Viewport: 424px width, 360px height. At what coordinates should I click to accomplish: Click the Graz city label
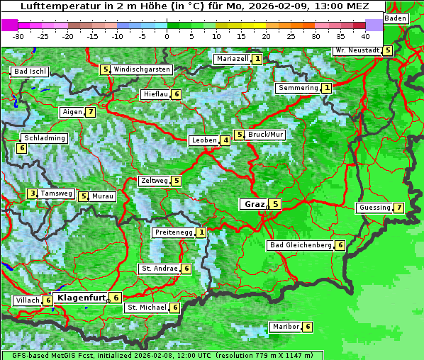point(254,204)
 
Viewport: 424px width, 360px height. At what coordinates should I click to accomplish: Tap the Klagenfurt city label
point(82,298)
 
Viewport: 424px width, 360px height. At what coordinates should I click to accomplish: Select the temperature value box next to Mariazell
point(257,59)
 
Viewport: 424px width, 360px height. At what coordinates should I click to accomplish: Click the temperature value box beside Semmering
point(326,88)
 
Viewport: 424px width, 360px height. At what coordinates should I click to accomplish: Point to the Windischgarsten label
point(142,69)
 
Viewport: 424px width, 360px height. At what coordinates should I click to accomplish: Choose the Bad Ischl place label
point(30,72)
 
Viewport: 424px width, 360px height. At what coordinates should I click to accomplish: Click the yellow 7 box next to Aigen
point(90,112)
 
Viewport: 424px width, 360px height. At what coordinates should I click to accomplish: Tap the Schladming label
point(44,138)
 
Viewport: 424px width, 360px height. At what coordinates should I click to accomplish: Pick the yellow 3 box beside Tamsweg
point(32,193)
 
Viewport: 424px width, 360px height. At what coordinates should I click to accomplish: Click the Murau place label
point(104,196)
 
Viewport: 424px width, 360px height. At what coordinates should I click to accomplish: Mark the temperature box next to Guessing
point(399,208)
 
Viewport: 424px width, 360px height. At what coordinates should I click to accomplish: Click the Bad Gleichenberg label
point(301,245)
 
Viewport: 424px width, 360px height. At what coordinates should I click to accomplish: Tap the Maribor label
point(284,327)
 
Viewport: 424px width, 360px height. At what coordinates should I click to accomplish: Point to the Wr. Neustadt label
point(357,51)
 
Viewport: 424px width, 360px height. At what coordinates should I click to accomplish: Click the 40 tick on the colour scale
point(365,35)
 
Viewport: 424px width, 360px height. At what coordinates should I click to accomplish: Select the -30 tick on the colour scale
point(18,35)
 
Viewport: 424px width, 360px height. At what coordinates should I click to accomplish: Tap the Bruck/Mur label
point(266,134)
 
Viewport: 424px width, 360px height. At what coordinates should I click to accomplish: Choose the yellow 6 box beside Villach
point(48,300)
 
